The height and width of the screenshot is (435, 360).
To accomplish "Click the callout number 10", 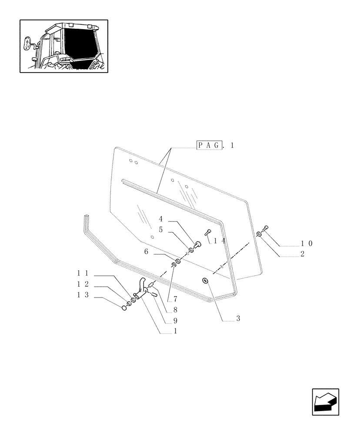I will (306, 244).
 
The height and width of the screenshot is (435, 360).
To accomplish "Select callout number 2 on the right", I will (302, 254).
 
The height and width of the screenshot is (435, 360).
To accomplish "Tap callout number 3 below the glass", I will (238, 319).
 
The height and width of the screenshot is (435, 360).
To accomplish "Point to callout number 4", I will (160, 219).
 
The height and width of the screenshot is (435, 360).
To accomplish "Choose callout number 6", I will (146, 251).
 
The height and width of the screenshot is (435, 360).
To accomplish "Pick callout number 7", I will (175, 299).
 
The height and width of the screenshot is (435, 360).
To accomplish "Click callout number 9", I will (175, 321).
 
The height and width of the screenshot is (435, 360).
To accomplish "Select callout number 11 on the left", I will (83, 273).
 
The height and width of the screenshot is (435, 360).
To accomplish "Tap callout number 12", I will (83, 284).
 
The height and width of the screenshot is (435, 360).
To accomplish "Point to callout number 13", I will (83, 295).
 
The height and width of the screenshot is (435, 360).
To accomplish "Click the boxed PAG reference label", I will (210, 145).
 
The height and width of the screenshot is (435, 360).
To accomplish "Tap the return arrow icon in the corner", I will (325, 402).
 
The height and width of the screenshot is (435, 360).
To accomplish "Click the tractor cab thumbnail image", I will (63, 46).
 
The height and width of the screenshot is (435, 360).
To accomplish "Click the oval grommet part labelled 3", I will (205, 281).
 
